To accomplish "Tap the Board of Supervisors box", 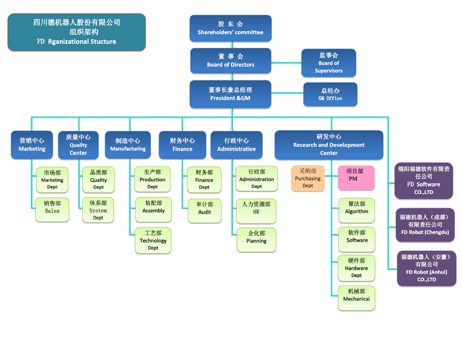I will coord(328,63).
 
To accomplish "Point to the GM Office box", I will coord(330,94).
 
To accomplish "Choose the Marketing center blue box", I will coord(32,145).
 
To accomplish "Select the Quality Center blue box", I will coord(78,145).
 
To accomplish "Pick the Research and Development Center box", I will coord(329,145).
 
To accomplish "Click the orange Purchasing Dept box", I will coord(308,178).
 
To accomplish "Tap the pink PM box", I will coord(356,178).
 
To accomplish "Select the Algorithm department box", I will coord(356,208).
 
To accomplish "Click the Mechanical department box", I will coord(356,298).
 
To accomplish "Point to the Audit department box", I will coord(204,208).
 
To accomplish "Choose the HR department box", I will coord(256,208).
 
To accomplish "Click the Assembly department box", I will coord(153,207).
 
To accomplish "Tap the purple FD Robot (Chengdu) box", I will coord(424,224).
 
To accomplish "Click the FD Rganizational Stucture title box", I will coord(76,32).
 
